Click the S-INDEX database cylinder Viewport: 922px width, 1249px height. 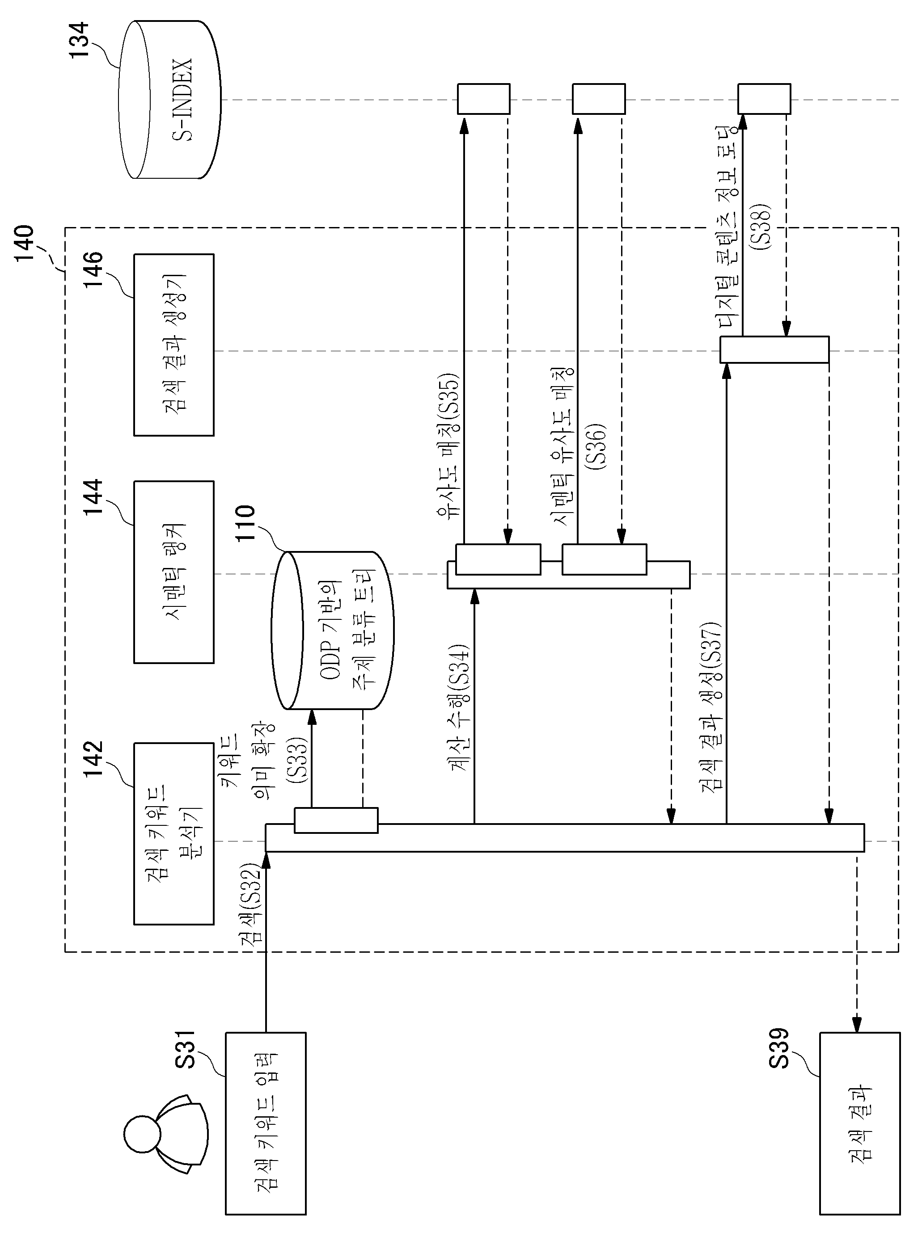point(169,99)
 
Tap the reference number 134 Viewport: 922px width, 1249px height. point(79,39)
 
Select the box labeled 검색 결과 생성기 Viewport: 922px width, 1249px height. point(173,345)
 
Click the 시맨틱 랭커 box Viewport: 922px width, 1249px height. point(173,572)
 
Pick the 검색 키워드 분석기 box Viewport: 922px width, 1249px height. point(173,833)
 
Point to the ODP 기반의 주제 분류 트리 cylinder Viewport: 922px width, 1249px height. point(333,631)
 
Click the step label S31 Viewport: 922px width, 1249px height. point(185,1049)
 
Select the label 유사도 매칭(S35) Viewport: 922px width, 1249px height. point(448,445)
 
